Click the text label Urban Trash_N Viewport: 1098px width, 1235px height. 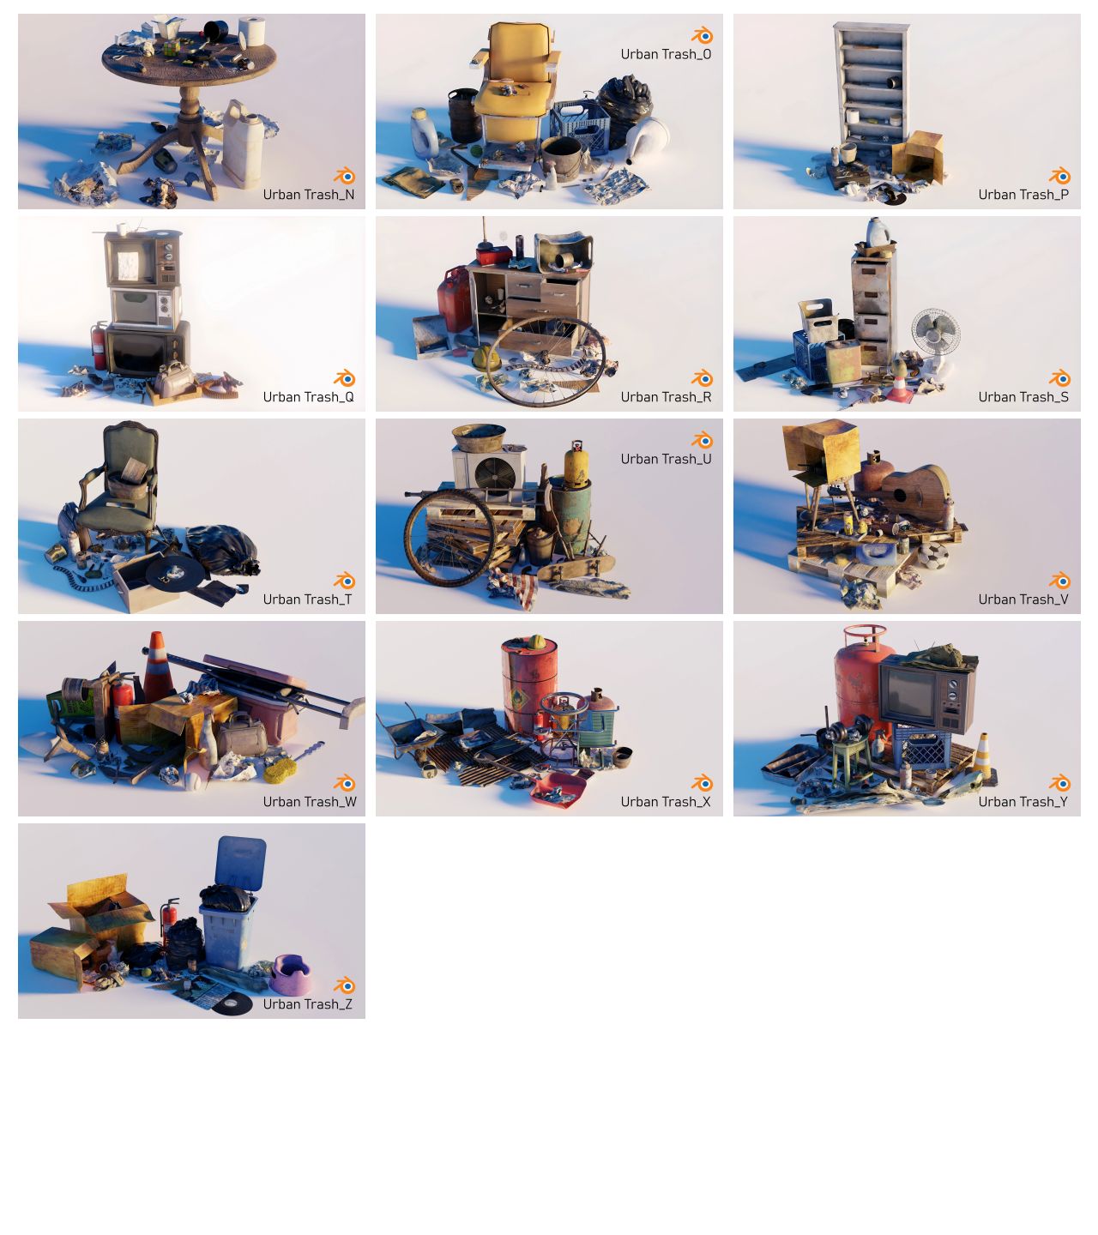coord(308,195)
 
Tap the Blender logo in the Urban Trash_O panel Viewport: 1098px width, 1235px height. coord(702,35)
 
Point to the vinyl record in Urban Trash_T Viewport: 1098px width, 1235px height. coord(176,569)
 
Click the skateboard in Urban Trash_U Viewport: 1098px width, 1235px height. coord(576,567)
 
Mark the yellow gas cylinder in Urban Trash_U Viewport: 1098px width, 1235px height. coord(575,463)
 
